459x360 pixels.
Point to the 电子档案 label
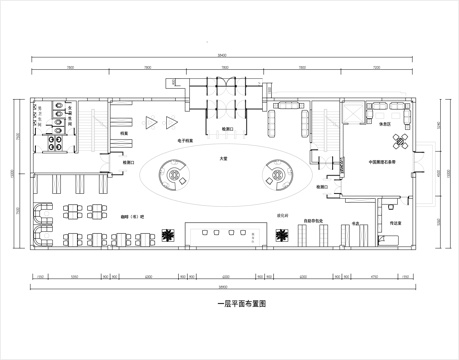(x=186, y=142)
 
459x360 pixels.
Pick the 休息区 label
(x=384, y=123)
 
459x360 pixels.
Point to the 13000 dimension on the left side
(x=11, y=172)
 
